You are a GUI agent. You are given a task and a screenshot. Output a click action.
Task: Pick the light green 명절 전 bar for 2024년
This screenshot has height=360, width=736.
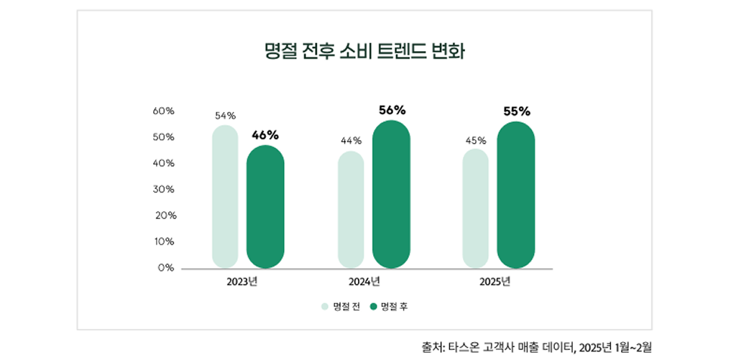click(351, 209)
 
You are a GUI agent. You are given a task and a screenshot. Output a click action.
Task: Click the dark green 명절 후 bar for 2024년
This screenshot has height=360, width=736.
click(391, 194)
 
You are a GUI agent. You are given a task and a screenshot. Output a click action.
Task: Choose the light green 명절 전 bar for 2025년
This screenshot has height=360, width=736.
click(476, 208)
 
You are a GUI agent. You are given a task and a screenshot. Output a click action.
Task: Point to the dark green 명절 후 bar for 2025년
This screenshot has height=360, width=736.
click(516, 195)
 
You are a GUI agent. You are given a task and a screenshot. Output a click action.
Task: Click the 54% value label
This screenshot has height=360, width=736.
click(225, 115)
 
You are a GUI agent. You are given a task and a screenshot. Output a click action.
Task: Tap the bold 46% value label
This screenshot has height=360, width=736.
click(265, 134)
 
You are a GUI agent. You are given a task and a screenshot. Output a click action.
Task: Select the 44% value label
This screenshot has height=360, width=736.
click(351, 140)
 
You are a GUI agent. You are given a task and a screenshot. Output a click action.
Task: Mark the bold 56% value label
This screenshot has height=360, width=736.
click(392, 110)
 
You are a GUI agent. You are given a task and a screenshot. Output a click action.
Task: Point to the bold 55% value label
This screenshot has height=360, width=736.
click(517, 111)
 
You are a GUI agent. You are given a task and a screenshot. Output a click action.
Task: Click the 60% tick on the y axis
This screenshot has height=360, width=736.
click(164, 111)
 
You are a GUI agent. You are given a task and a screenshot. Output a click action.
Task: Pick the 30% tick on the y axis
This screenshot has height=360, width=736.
click(164, 189)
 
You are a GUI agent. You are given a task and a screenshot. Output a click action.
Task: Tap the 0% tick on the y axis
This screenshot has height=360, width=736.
click(167, 267)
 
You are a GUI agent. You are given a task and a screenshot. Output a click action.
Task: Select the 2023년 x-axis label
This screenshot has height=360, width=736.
click(242, 281)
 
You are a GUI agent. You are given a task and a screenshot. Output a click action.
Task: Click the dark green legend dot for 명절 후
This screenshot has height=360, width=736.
click(374, 306)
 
